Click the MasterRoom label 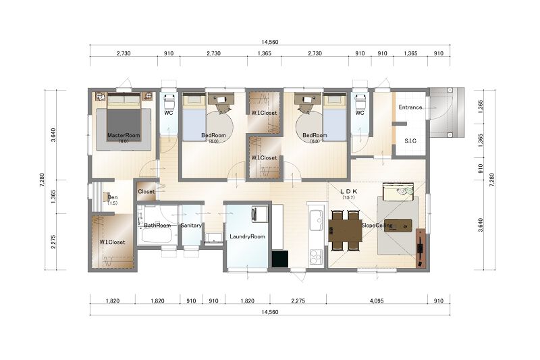tap(124, 135)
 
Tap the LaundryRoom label tap(247, 236)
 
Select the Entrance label tap(410, 107)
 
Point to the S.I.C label tap(410, 140)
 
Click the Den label tap(113, 197)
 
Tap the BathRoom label tap(157, 226)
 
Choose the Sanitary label tap(191, 226)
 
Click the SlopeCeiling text tap(377, 226)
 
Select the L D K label tap(348, 192)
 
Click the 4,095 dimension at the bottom tap(377, 301)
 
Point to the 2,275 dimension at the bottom tap(298, 301)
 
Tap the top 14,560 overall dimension tap(269, 42)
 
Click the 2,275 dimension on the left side tap(53, 242)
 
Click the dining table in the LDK tap(345, 230)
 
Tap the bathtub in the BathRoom tap(157, 236)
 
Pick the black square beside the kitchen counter tap(280, 259)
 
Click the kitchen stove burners tap(316, 256)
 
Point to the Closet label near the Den tap(146, 192)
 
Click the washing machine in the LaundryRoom tap(260, 213)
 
